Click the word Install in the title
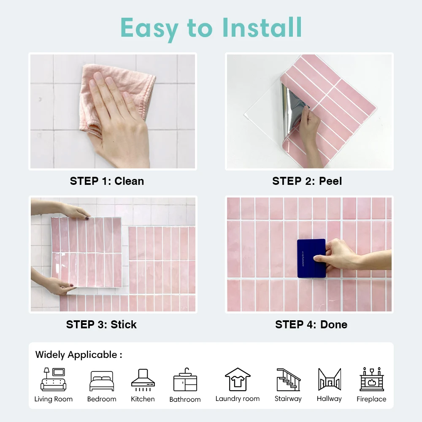[x=262, y=28]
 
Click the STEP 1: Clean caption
[x=107, y=181]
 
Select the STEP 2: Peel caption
[x=307, y=181]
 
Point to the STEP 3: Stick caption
[x=101, y=325]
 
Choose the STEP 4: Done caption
[x=311, y=325]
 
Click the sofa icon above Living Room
[x=53, y=379]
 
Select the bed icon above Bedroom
[x=102, y=381]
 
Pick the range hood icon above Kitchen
[x=143, y=380]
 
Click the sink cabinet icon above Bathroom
[x=185, y=380]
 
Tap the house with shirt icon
[x=238, y=379]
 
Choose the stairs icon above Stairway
[x=288, y=380]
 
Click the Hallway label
[x=329, y=399]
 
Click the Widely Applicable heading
[x=78, y=355]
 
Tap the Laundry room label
[x=238, y=399]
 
